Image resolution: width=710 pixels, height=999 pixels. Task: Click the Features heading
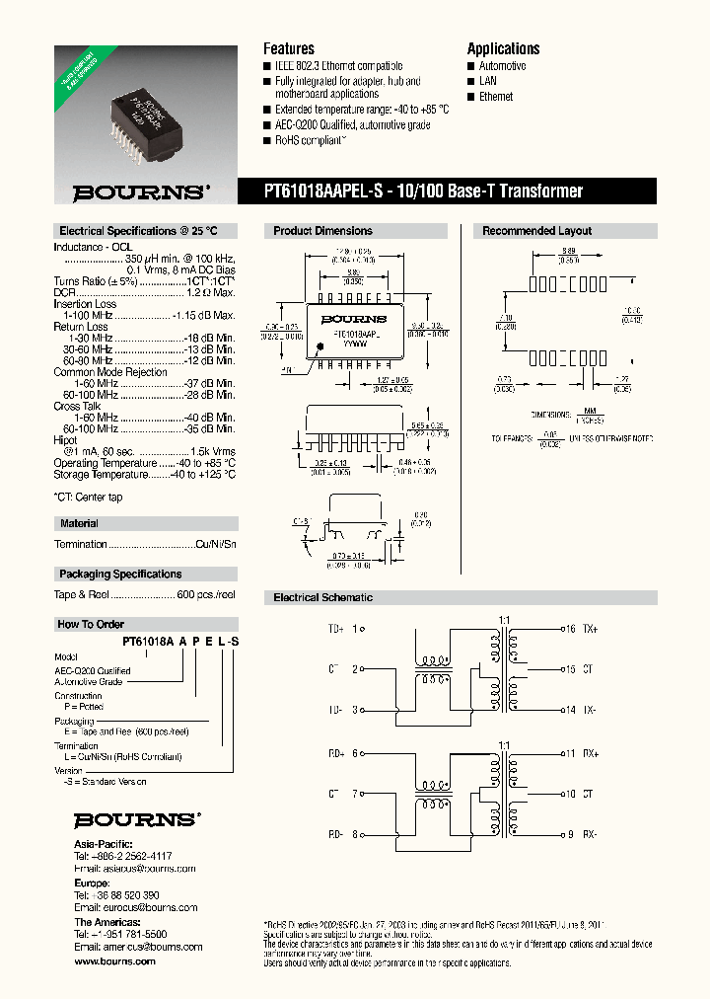coord(288,48)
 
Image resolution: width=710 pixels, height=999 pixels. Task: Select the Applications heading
coord(503,48)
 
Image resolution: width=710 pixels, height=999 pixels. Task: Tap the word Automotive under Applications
coord(502,66)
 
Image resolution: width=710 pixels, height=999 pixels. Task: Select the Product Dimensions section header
coord(322,231)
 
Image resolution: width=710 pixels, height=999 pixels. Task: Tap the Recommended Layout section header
coord(536,231)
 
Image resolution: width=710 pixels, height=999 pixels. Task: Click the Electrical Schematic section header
coord(322,597)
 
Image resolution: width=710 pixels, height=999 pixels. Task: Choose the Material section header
coord(79,523)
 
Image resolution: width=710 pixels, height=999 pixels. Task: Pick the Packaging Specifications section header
coord(120,574)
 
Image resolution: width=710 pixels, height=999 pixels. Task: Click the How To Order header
coord(91,624)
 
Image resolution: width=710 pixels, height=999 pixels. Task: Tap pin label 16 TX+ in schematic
coord(580,629)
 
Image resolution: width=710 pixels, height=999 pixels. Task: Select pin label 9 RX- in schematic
coord(580,834)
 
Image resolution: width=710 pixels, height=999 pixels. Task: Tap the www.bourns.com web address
coord(114,961)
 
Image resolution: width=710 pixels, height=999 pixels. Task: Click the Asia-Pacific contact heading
coord(102,844)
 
